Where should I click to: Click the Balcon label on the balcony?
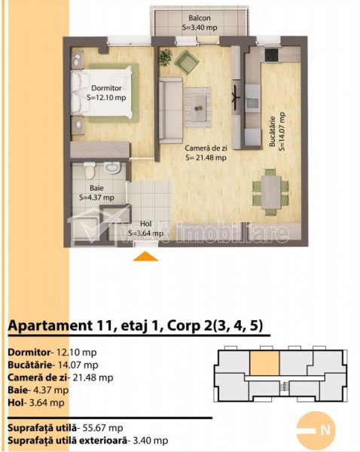tap(200, 18)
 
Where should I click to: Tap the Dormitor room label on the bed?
tap(106, 88)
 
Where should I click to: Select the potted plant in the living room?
tap(166, 56)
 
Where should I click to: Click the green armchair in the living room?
tap(187, 62)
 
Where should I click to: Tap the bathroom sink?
tap(112, 167)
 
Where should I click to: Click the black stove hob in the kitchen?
tap(271, 55)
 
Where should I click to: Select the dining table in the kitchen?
tap(271, 192)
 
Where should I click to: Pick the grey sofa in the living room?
tap(171, 111)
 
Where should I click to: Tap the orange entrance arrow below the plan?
tap(145, 256)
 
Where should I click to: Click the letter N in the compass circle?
tap(325, 430)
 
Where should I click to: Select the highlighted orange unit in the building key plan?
tap(264, 362)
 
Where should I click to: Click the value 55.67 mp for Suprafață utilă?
tap(102, 428)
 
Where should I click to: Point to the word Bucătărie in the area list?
tap(29, 365)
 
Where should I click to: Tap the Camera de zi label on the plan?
tap(206, 148)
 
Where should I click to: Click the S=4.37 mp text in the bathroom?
tap(96, 197)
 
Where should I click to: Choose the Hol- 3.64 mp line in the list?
tap(36, 403)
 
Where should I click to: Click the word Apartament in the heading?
tap(49, 325)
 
